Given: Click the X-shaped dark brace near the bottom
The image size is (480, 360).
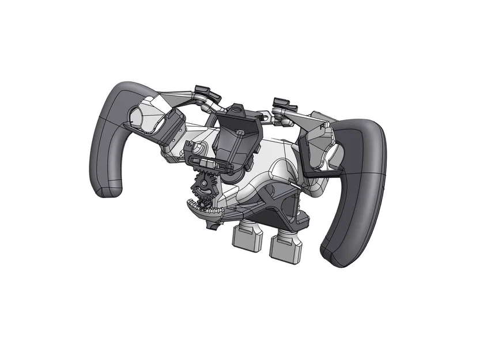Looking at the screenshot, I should (x=271, y=202).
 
